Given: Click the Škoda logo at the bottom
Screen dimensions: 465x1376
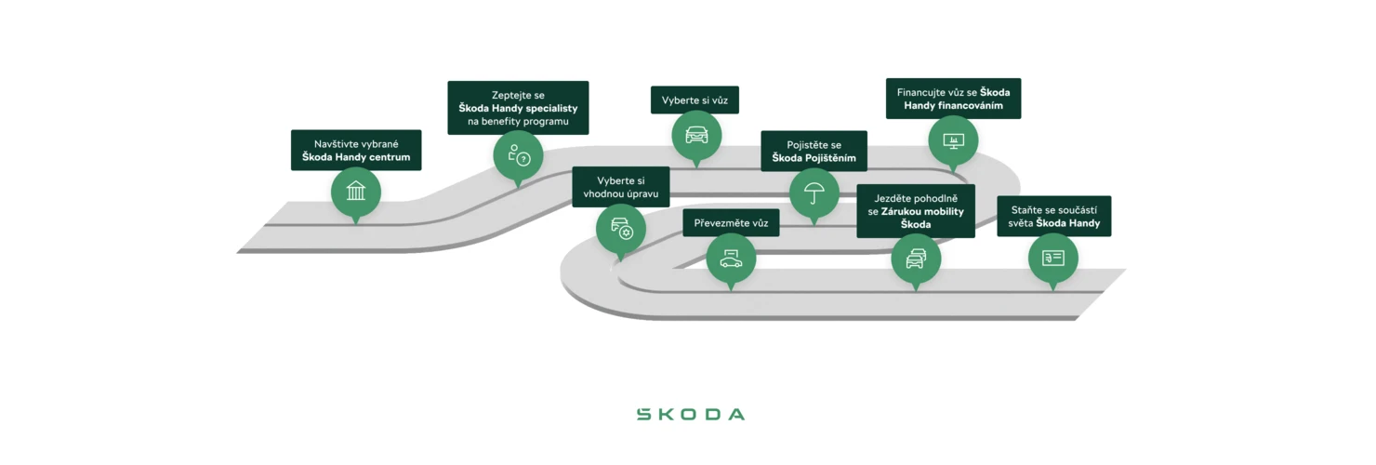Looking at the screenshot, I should pos(690,414).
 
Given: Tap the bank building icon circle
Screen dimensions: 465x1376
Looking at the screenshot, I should pos(356,193).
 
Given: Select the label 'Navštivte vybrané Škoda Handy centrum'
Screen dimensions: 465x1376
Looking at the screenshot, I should pos(356,150).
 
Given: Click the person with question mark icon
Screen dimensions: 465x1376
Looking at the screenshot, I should pos(518,154).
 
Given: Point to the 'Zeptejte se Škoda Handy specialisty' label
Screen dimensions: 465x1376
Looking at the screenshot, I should pos(518,108).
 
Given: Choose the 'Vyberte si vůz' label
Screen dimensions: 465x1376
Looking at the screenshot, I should pos(695,100).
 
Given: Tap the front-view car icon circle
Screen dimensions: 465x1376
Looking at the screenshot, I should pos(696,135).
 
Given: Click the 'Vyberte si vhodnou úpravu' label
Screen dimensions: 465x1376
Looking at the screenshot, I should pos(620,186).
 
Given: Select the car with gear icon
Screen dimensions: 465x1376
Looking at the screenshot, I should pos(620,229).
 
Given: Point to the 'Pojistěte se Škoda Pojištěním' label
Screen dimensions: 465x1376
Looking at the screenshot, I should pos(814,151).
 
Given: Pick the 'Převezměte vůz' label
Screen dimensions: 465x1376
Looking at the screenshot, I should pos(731,223).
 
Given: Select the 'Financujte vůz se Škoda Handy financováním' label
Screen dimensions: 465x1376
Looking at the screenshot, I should pos(953,99).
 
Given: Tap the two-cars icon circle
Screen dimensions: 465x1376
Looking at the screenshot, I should pos(916,258).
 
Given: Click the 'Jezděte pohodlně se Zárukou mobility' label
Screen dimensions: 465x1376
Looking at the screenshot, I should pos(916,211).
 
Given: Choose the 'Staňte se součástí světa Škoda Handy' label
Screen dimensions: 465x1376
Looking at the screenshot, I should pos(1053,216).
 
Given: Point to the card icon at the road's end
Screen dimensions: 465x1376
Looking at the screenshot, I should pos(1052,258).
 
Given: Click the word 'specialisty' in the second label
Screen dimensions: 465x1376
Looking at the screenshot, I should pos(549,108).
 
